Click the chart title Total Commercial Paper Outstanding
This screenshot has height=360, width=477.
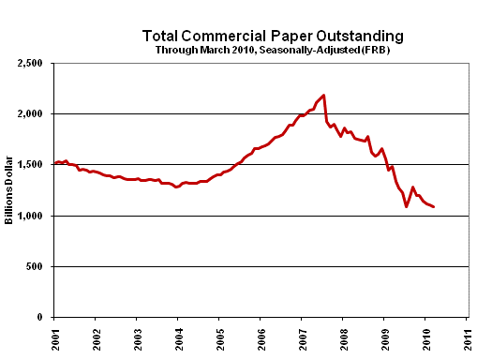pyautogui.click(x=273, y=35)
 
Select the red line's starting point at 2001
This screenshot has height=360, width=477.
pyautogui.click(x=55, y=163)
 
